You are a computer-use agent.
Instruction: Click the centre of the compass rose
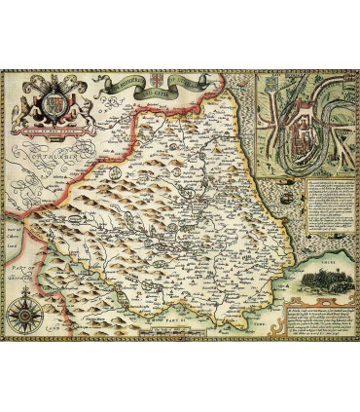[24, 316]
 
